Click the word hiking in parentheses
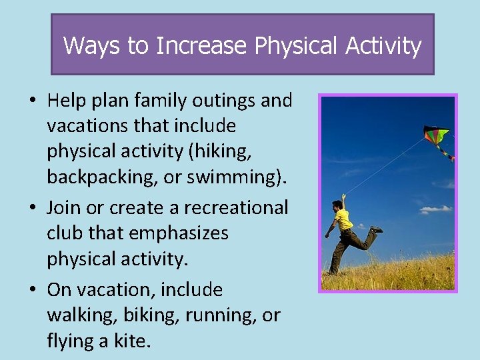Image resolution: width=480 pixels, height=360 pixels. pyautogui.click(x=219, y=151)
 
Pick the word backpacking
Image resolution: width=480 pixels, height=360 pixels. pyautogui.click(x=103, y=177)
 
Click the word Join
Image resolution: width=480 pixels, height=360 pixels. pyautogui.click(x=63, y=207)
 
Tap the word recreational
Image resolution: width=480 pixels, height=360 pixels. pyautogui.click(x=235, y=207)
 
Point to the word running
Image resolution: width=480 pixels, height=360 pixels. pyautogui.click(x=223, y=315)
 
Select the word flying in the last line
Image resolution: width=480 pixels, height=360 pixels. pyautogui.click(x=70, y=341)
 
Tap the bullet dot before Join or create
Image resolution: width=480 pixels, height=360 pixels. pyautogui.click(x=33, y=208)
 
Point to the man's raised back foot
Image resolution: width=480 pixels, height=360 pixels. pyautogui.click(x=377, y=229)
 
